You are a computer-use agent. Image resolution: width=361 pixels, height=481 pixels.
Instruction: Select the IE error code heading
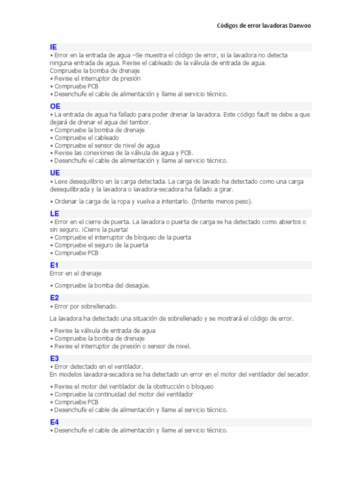pos(54,47)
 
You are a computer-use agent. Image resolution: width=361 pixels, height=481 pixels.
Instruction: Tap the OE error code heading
pos(55,107)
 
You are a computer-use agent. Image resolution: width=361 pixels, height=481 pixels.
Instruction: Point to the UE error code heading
pos(55,173)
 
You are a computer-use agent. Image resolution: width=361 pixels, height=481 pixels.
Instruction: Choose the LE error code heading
pos(55,214)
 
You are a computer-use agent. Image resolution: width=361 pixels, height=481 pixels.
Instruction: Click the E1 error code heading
pos(54,265)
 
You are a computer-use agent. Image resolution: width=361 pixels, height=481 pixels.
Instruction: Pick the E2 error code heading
pos(55,298)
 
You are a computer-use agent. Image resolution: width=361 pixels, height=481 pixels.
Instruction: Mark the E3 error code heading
pos(55,358)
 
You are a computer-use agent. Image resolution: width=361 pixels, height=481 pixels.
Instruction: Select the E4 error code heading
pos(55,422)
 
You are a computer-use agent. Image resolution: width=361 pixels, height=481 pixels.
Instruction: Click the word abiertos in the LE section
pos(290,222)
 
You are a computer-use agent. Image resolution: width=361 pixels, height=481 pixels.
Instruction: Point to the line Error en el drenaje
pos(75,273)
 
